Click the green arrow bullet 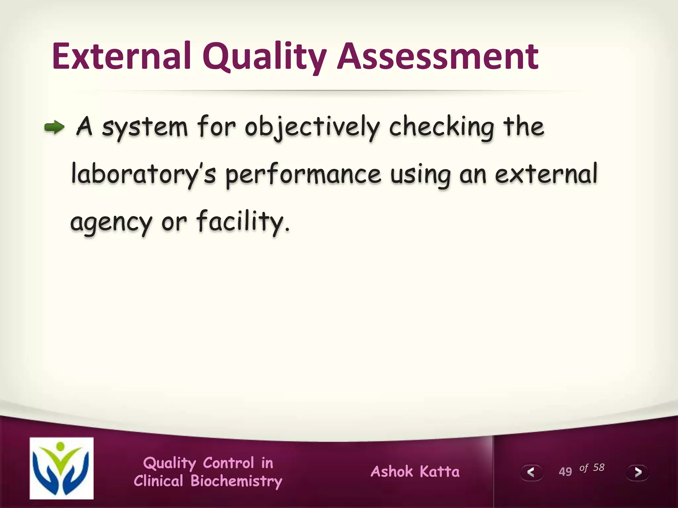[54, 127]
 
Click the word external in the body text [546, 174]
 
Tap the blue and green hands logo [62, 468]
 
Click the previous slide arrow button [531, 472]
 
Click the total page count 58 [599, 467]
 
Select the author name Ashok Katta [415, 472]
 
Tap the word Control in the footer [228, 463]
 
